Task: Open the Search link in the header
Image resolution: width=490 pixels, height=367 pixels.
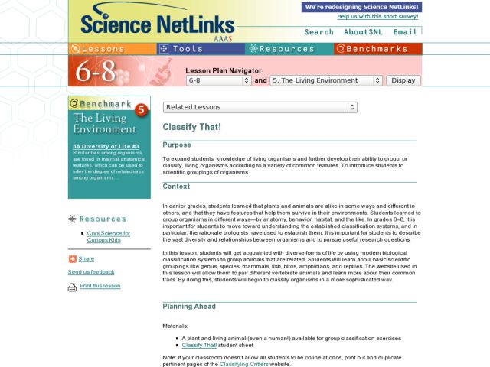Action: pos(318,32)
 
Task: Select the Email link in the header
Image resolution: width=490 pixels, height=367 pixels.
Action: pos(405,32)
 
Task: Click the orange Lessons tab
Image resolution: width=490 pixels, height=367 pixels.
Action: pos(112,48)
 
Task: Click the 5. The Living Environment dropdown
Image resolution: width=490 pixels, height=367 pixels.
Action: pos(326,80)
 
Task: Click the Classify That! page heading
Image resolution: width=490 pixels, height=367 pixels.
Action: pos(192,126)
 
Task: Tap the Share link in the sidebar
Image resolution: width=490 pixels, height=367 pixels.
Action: pos(86,258)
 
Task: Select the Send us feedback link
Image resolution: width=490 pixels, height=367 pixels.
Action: pos(91,271)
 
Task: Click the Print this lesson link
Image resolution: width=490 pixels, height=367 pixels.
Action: pos(100,286)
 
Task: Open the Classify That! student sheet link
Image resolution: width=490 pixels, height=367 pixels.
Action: pos(200,345)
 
